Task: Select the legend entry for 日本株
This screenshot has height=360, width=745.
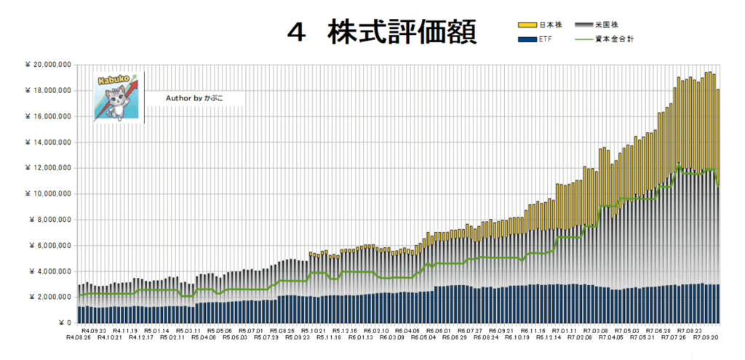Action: [539, 25]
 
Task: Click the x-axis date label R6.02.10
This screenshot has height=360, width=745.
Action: [376, 330]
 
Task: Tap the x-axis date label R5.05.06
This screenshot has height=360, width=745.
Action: [219, 330]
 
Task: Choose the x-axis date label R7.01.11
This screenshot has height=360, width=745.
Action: [565, 330]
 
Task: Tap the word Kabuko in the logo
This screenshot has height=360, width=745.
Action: [109, 78]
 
